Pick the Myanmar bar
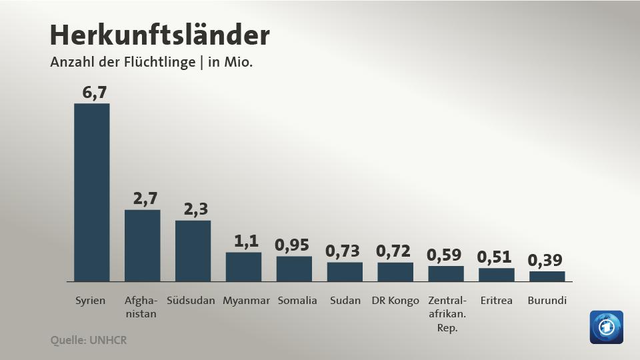(243, 267)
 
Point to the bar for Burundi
(547, 276)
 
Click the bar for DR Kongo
(395, 271)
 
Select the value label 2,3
(196, 209)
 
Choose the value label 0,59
(444, 255)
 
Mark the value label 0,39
(545, 260)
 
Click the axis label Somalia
(297, 301)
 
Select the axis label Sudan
(345, 301)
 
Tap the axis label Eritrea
(497, 301)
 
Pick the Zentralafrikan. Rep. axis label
(447, 314)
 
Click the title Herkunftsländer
(160, 35)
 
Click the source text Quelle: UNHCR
(89, 340)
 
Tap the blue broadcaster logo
(606, 327)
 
